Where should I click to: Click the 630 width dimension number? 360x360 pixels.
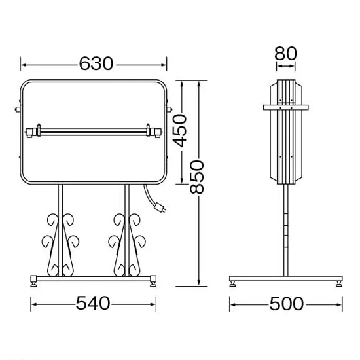tap(96, 63)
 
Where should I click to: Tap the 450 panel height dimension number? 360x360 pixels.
tap(180, 131)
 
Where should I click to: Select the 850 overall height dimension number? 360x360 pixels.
tap(197, 177)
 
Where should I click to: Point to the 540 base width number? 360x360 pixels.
tap(93, 303)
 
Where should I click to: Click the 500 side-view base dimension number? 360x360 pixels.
tap(287, 304)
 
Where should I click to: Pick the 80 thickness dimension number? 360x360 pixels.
tap(286, 54)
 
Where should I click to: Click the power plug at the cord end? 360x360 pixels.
tap(160, 207)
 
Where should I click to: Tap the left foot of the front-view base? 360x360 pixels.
tap(34, 281)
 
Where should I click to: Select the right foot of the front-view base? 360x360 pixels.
tap(153, 281)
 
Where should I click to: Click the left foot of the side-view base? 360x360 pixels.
tap(233, 284)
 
